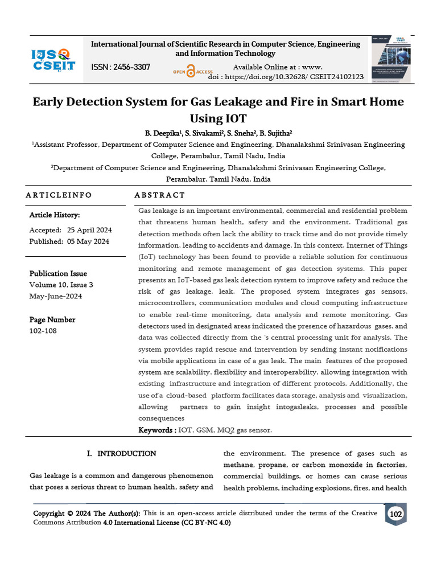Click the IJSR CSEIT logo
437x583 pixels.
(52, 59)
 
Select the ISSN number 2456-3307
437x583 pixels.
(121, 67)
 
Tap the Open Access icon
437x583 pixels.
(192, 72)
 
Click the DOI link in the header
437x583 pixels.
(286, 77)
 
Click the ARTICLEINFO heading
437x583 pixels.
(59, 195)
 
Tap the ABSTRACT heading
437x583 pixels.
(160, 195)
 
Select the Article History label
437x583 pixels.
(55, 215)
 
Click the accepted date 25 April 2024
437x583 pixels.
(89, 230)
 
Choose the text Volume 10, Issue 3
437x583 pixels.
(61, 285)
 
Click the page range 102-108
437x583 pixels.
(43, 331)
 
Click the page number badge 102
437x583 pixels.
(395, 515)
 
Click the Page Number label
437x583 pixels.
(52, 319)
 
